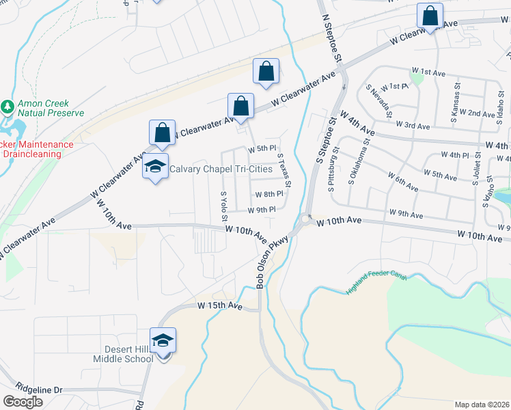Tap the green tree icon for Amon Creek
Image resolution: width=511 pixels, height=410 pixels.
pos(8,107)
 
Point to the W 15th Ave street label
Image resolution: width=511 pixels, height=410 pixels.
pos(220,305)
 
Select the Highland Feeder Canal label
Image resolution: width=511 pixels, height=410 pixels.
pos(376,282)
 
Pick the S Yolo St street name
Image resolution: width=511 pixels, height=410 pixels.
pos(223,206)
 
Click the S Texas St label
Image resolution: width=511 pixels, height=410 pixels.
pos(285,170)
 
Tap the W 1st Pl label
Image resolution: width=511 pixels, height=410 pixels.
pos(396,87)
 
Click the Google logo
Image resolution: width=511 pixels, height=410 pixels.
pos(23,402)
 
